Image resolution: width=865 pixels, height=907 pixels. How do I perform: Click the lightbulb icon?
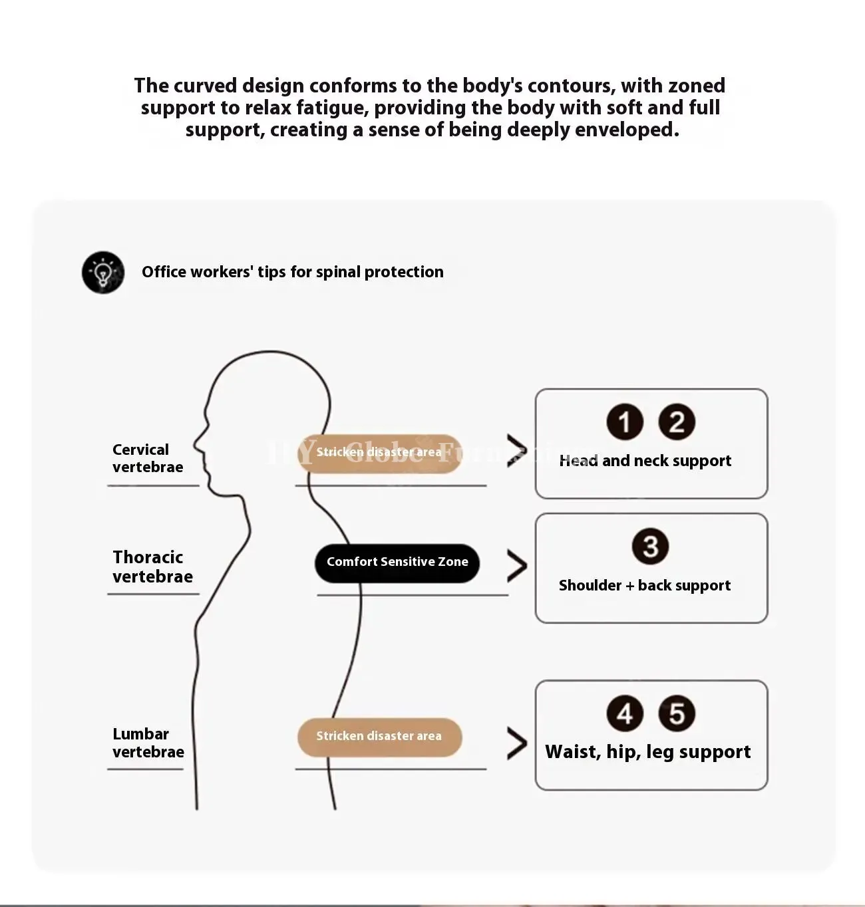103,272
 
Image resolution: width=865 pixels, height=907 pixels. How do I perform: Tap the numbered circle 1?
625,422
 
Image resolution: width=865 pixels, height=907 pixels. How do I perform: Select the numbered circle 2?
677,422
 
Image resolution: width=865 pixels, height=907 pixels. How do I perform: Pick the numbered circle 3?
650,546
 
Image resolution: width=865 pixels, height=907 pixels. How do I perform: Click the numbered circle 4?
625,713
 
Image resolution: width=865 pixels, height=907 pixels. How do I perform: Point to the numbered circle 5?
677,713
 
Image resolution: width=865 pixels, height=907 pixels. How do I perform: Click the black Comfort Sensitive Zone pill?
397,563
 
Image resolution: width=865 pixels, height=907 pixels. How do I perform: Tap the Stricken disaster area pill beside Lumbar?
380,737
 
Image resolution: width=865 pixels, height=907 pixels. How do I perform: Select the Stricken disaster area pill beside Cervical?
380,453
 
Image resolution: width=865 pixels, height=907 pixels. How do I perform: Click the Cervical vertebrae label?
148,458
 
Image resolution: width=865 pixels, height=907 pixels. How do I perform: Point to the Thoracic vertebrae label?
153,567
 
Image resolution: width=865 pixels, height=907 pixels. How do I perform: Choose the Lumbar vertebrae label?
148,743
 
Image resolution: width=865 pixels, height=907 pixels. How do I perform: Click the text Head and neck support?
645,461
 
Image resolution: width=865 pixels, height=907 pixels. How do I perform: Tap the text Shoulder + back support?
645,585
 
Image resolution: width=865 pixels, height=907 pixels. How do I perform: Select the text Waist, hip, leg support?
648,753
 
